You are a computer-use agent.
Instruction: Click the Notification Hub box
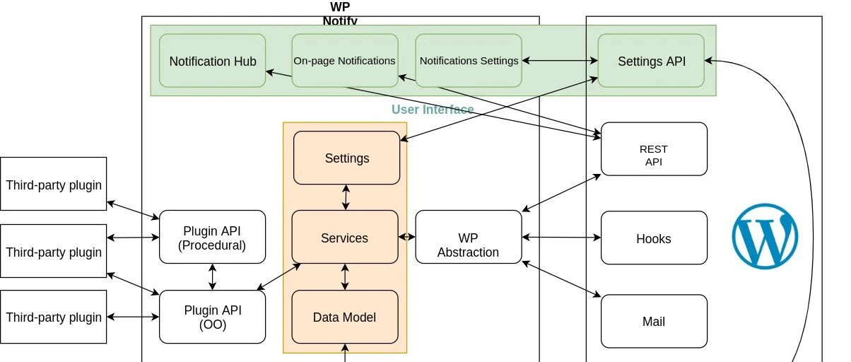pos(212,61)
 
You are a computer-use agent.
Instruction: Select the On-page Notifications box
pos(345,61)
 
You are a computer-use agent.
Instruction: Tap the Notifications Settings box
pos(469,61)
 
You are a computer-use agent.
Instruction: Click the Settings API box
pos(651,61)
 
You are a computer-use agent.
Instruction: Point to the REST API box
pos(655,149)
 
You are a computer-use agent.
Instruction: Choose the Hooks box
pos(655,238)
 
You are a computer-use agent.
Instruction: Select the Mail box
pos(655,322)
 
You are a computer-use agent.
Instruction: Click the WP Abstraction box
pos(469,237)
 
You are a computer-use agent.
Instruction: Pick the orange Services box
pos(345,237)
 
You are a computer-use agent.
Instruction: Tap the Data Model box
pos(345,317)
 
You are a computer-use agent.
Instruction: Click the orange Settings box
pos(346,158)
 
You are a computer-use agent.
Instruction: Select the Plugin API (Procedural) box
pos(212,237)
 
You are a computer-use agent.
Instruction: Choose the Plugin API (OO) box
pos(212,317)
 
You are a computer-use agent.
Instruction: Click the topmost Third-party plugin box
pos(54,184)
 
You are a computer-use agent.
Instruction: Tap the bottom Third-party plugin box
pos(54,317)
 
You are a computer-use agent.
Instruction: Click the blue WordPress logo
pos(765,236)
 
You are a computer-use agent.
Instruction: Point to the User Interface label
pos(433,110)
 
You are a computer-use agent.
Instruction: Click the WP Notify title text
pos(340,13)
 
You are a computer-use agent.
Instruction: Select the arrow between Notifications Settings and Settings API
pos(560,60)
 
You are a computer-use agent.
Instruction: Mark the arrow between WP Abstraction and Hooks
pos(561,238)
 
